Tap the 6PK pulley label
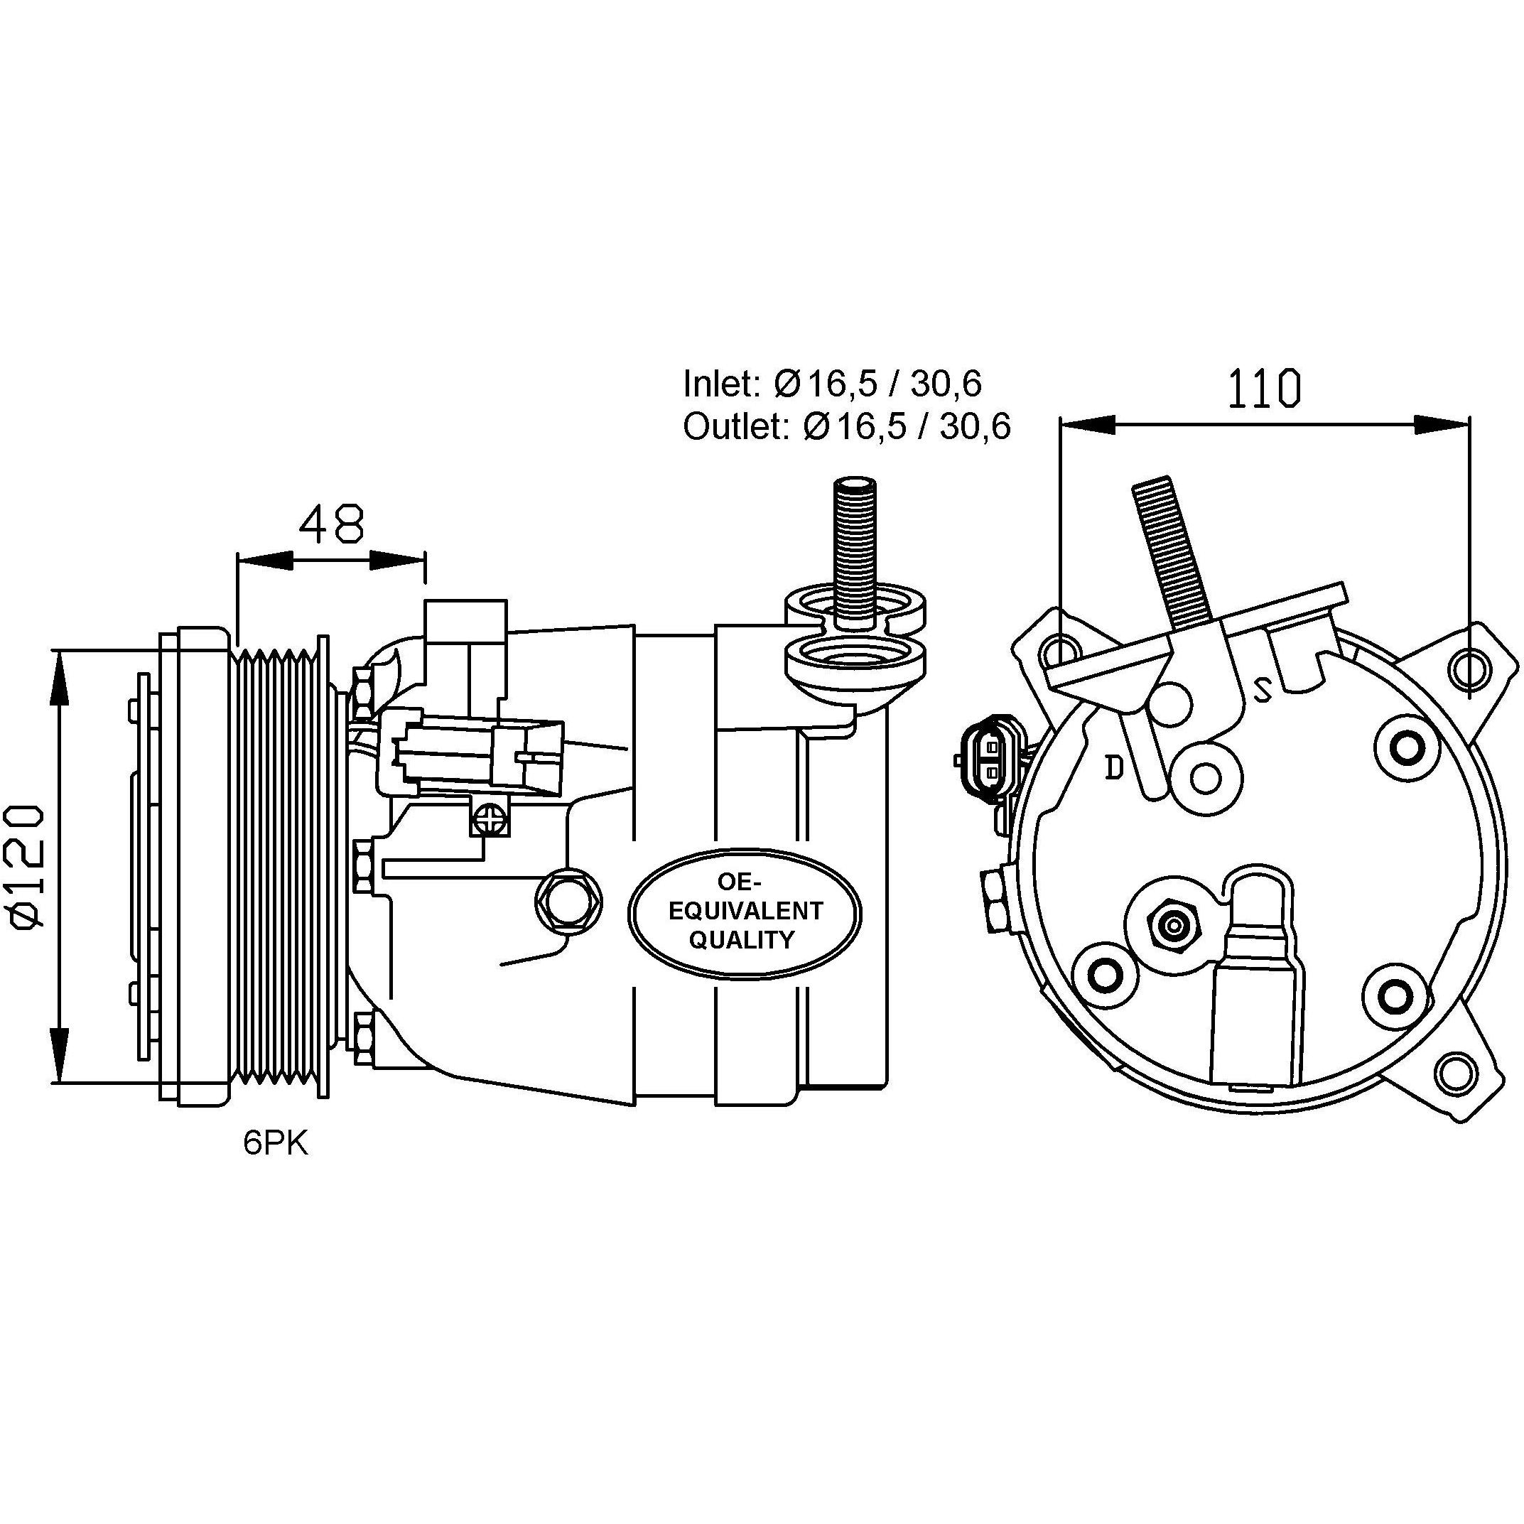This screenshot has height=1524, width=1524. pyautogui.click(x=275, y=1145)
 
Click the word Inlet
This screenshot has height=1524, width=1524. pyautogui.click(x=718, y=384)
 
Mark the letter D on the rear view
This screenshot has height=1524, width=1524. pyautogui.click(x=1114, y=766)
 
